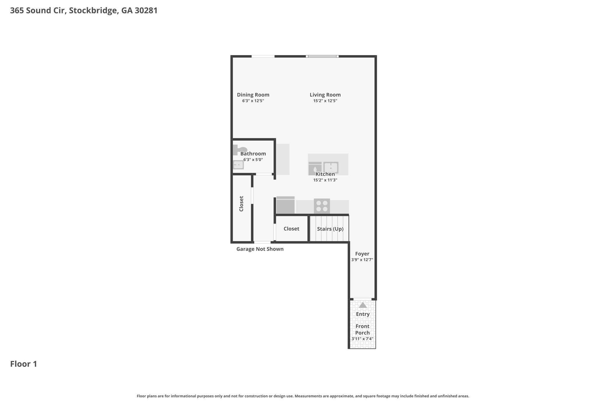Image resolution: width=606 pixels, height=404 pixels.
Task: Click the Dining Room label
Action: click(x=253, y=95)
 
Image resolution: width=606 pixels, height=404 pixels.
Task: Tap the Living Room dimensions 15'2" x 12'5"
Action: click(x=325, y=101)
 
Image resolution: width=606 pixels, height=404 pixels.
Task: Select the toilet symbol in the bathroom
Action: click(x=240, y=149)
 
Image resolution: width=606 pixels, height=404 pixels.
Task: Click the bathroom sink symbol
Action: click(x=238, y=165)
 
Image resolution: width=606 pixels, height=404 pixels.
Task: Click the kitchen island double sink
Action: click(x=331, y=168)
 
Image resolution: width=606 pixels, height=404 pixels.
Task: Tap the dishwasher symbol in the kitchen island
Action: click(x=315, y=168)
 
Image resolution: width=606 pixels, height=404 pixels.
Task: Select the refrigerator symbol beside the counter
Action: click(x=286, y=205)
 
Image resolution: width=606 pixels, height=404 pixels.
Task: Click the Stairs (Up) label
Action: click(x=330, y=229)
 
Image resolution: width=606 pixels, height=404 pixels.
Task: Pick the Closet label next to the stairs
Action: click(x=291, y=229)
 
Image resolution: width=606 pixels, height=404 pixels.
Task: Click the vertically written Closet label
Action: click(x=241, y=204)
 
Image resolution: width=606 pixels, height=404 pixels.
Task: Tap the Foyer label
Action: click(x=362, y=254)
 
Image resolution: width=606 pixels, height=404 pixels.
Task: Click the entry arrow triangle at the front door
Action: click(x=363, y=305)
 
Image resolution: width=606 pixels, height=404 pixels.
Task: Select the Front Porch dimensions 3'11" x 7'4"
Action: click(x=362, y=339)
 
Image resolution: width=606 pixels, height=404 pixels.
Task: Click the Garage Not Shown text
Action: click(x=260, y=249)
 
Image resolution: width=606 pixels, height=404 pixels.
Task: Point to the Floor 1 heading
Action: click(x=24, y=364)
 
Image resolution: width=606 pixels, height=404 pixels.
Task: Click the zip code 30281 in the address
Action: click(x=146, y=10)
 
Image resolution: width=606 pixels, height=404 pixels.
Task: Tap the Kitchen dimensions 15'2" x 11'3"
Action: click(x=325, y=180)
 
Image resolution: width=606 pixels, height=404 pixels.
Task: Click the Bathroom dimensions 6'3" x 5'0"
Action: click(x=253, y=160)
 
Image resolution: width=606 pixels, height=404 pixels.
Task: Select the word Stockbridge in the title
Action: click(x=94, y=11)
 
